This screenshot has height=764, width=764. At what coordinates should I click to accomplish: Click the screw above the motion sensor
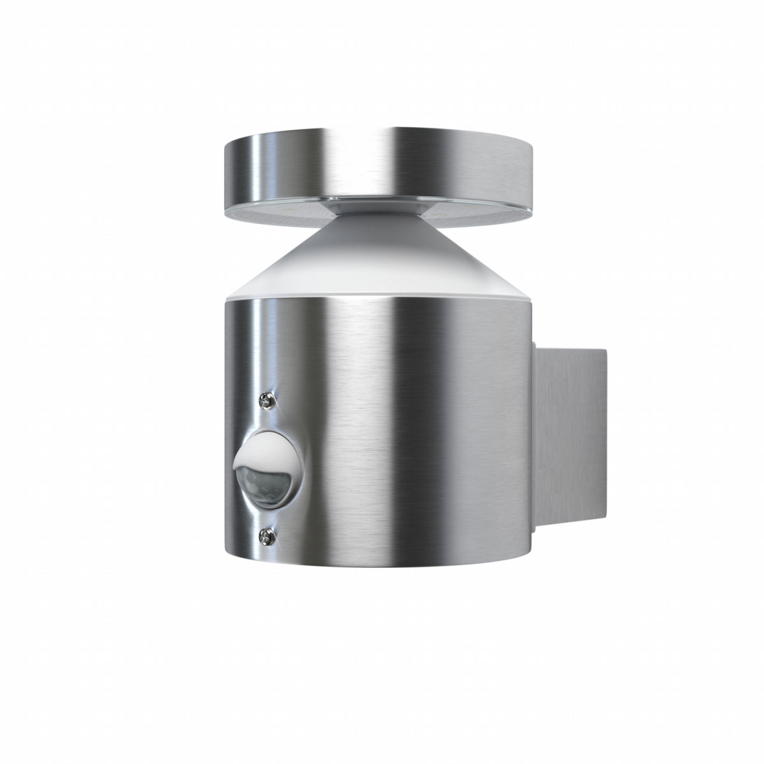coord(265,400)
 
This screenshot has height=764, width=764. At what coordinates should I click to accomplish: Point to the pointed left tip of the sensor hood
coord(235,462)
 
